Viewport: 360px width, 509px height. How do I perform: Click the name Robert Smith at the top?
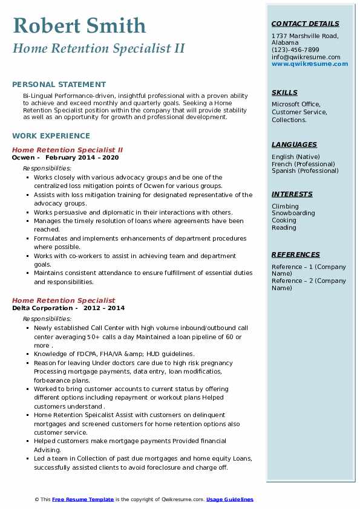click(79, 25)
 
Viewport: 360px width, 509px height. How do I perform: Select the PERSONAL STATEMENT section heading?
click(59, 85)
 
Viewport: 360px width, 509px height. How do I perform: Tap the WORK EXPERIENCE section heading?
click(51, 136)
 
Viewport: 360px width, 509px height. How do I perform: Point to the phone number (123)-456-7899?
click(295, 50)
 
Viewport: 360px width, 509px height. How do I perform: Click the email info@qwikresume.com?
click(306, 57)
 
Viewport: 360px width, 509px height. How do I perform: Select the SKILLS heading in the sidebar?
click(284, 92)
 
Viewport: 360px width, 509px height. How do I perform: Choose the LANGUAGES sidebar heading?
click(294, 144)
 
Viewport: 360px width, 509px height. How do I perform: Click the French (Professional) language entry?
click(303, 164)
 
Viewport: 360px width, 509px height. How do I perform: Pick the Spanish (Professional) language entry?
click(304, 171)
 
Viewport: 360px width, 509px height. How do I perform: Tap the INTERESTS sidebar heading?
click(292, 194)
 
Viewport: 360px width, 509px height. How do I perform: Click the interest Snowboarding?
click(293, 213)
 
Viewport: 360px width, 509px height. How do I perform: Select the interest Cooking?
click(284, 221)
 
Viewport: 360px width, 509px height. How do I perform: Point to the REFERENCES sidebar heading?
click(295, 254)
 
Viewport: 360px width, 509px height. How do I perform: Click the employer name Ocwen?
click(24, 158)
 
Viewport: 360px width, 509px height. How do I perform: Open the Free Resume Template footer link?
click(83, 499)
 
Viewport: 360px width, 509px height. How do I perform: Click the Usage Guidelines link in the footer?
click(230, 499)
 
